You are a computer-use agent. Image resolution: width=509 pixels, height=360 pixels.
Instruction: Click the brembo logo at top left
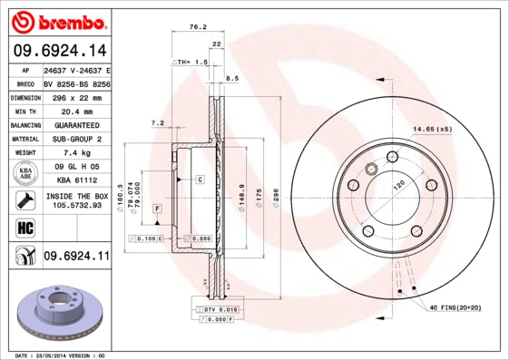coord(56,22)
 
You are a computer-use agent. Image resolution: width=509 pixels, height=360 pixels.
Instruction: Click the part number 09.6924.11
coord(76,257)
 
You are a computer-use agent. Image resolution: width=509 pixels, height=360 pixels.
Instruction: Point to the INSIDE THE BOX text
coord(76,196)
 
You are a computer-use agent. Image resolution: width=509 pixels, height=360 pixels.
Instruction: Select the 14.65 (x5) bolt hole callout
coord(433,129)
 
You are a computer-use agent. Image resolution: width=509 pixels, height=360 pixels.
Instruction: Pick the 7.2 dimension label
coord(156,122)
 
